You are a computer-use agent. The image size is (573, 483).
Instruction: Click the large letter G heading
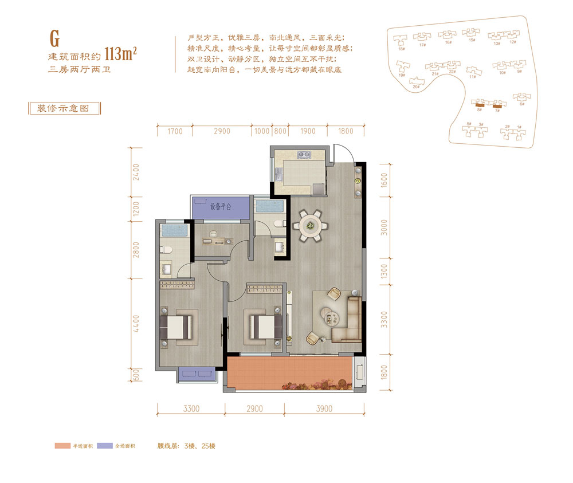(x=55, y=37)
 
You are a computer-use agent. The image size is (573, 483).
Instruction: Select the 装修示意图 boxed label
(x=64, y=108)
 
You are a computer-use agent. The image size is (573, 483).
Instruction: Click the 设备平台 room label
(x=220, y=207)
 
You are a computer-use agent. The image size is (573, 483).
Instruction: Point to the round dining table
(x=311, y=225)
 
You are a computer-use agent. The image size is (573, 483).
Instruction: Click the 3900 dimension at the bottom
(x=324, y=409)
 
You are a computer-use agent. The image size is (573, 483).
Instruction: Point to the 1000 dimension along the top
(x=261, y=131)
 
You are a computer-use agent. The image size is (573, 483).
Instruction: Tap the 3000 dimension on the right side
(x=384, y=228)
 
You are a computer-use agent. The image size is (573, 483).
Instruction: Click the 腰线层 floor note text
(x=186, y=446)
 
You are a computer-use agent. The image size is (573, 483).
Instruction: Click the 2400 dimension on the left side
(x=136, y=172)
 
